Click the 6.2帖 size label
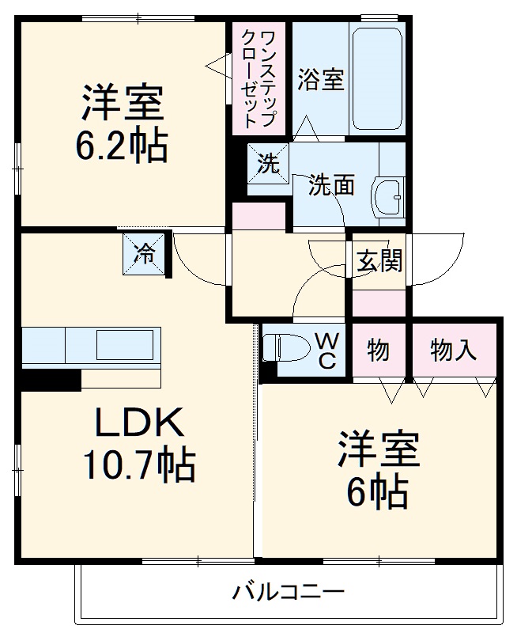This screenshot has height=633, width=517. [122, 146]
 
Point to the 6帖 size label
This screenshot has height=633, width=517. [378, 492]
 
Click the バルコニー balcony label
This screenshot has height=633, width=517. [288, 591]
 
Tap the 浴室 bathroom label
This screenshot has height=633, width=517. [321, 80]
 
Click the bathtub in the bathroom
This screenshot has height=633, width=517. [378, 79]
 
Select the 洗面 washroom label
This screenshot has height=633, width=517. [331, 185]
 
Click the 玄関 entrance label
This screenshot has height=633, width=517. [379, 260]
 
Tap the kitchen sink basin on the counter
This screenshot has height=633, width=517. [125, 346]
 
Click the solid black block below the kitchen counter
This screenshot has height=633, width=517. [50, 381]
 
